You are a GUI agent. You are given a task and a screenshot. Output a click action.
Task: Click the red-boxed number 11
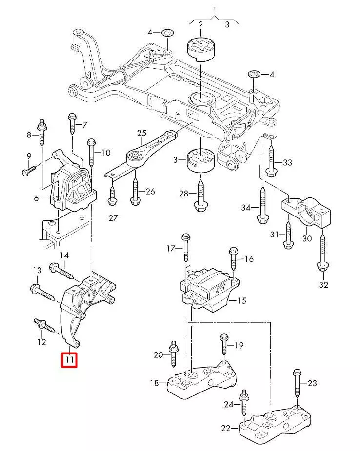(69, 360)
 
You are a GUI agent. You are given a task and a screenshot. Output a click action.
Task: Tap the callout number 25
(141, 133)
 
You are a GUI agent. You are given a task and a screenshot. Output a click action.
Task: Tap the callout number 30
(307, 238)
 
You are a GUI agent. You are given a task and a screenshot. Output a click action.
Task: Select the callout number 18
(155, 383)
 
